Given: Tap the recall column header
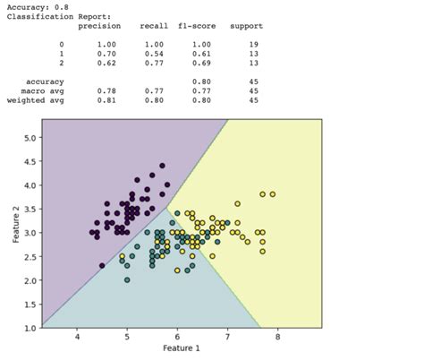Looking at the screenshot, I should coord(153,25).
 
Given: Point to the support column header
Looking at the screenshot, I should coord(245,25).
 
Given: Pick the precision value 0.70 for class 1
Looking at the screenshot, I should coord(106,54).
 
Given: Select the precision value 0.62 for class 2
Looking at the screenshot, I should coord(106,64).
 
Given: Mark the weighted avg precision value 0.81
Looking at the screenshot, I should coord(106,100).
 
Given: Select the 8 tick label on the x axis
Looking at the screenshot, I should coord(277,338).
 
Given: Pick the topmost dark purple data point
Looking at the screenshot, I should coord(162,166).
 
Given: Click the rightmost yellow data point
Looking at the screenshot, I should coord(273,194).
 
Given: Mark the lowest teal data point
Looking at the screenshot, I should coord(127,280).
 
